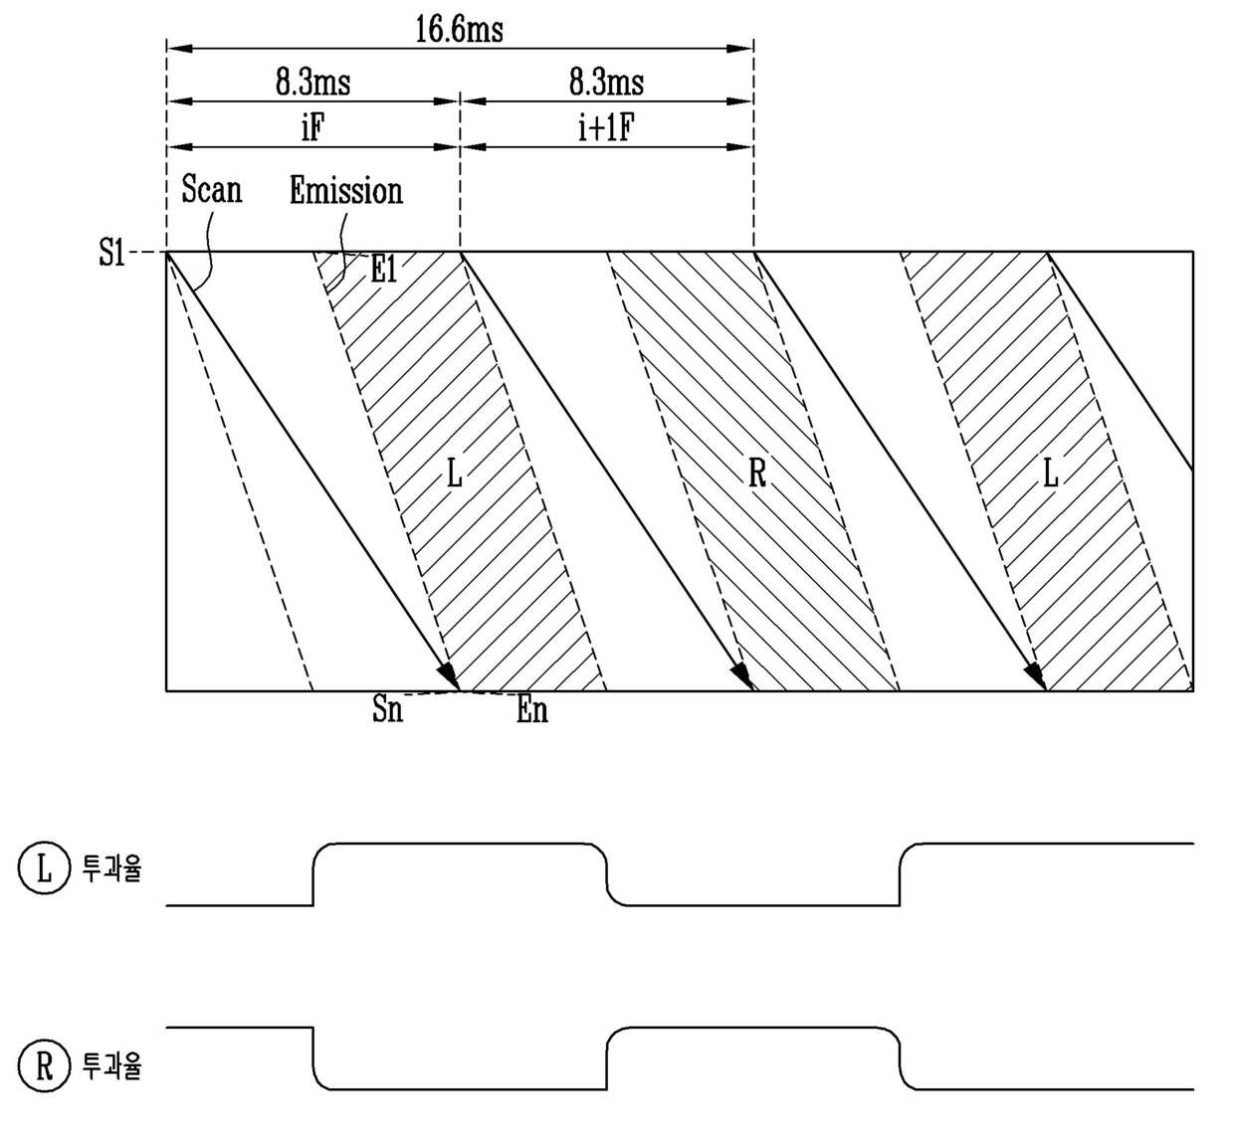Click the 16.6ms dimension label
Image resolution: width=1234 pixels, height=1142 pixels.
[459, 29]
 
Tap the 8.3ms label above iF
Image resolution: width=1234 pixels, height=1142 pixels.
[313, 82]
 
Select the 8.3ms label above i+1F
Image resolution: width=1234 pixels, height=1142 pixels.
[606, 82]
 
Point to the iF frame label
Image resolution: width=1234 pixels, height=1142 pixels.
[312, 128]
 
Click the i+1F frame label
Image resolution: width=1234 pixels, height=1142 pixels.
[606, 128]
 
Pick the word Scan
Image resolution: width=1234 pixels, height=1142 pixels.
[212, 189]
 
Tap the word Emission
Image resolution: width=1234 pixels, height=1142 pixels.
[346, 190]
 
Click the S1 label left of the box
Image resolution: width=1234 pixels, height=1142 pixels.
[111, 254]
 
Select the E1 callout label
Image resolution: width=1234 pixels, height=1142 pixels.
[384, 270]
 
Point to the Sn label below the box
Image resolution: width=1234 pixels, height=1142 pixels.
[388, 708]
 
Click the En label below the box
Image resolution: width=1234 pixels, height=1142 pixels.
[532, 709]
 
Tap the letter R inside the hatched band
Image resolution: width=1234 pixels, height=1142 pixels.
[757, 475]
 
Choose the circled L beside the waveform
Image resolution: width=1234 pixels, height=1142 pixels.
[44, 868]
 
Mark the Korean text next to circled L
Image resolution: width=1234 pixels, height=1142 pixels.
[111, 868]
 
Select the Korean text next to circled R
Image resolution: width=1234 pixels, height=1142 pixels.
[111, 1065]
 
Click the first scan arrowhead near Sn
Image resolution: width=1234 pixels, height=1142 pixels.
[449, 674]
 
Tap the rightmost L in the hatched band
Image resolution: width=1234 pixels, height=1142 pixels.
[1050, 475]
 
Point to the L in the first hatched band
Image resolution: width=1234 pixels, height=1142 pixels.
[455, 475]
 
